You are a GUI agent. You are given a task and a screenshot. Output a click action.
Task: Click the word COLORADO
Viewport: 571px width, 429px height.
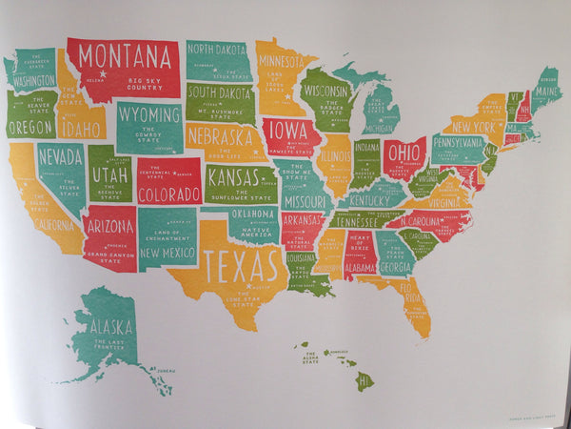click(168, 194)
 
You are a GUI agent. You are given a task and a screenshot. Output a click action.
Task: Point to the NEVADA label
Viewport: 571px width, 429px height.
click(58, 155)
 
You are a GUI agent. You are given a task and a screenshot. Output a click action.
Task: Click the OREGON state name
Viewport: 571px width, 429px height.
click(30, 127)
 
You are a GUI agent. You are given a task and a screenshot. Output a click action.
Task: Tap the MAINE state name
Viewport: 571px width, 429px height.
click(545, 92)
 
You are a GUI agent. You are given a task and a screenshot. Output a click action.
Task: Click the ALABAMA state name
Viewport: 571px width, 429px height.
click(360, 268)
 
